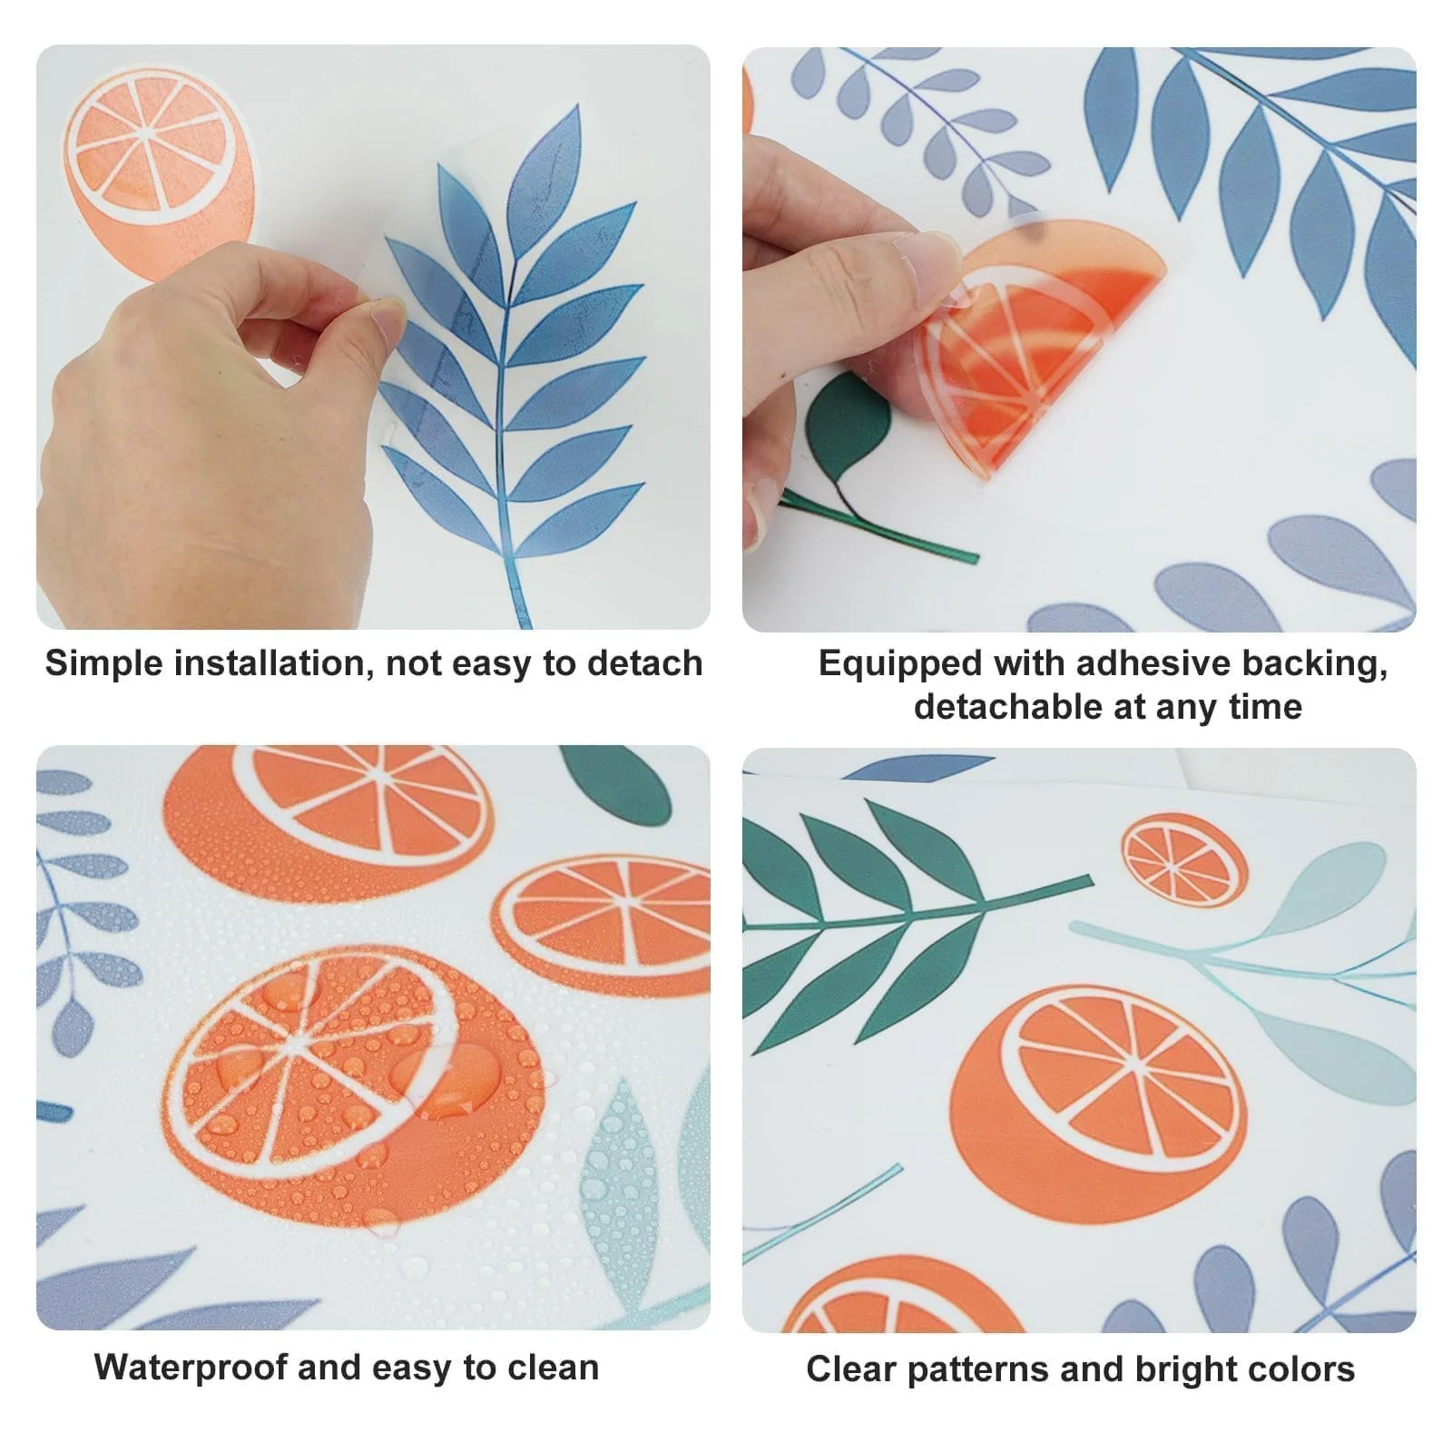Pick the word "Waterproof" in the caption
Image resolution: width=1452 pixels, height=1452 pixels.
click(191, 1368)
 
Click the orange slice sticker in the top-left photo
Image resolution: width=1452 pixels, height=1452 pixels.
click(158, 172)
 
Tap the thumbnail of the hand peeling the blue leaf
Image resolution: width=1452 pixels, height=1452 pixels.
click(373, 337)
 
